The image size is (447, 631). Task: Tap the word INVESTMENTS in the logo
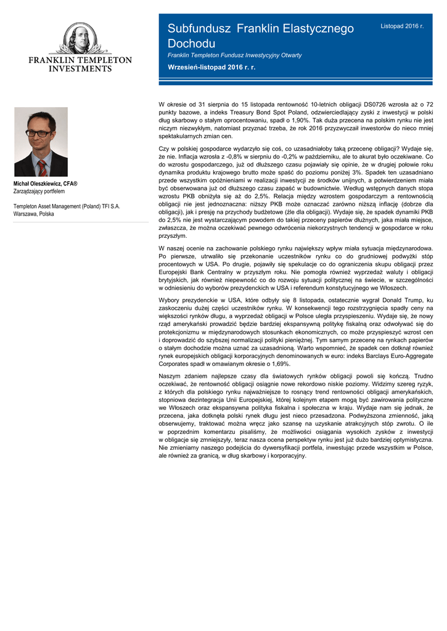click(80, 69)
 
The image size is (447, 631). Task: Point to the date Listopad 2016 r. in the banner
click(402, 26)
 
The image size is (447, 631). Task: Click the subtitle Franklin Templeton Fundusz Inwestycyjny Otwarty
click(234, 55)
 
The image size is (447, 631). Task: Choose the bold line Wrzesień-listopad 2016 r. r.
click(211, 67)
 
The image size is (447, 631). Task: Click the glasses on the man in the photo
click(39, 132)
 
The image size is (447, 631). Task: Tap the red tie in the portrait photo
click(41, 167)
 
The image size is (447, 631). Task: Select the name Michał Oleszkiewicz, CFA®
click(45, 184)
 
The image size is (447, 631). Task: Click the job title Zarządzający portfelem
click(39, 192)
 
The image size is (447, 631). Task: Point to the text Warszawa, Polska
click(33, 214)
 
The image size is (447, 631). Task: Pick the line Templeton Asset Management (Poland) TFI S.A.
click(67, 206)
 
